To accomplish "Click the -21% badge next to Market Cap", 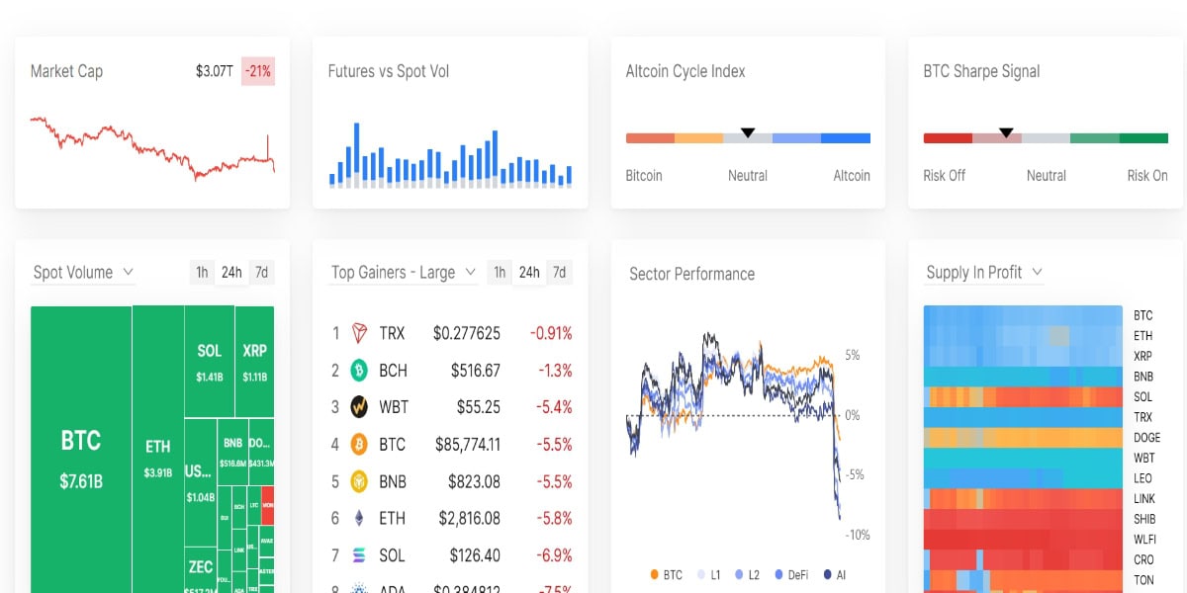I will pos(258,71).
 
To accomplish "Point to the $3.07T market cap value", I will pos(215,71).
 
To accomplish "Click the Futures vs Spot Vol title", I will pos(388,71).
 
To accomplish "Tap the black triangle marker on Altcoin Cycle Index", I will pos(748,132).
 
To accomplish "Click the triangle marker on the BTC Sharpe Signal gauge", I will pos(1006,132).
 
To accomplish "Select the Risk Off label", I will pos(944,175).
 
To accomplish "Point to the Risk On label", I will pos(1146,175).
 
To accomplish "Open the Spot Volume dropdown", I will pos(83,272).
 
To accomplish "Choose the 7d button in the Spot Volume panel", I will pos(261,272).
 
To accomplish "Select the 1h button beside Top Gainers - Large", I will pos(500,272).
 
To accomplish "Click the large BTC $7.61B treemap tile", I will pos(81,455).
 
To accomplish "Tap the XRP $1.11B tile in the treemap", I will pos(254,361).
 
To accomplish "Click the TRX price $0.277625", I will pos(466,333).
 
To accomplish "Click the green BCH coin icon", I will pos(359,371).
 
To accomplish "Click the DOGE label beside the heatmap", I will pos(1146,437).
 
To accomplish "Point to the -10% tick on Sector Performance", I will pos(857,535).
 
